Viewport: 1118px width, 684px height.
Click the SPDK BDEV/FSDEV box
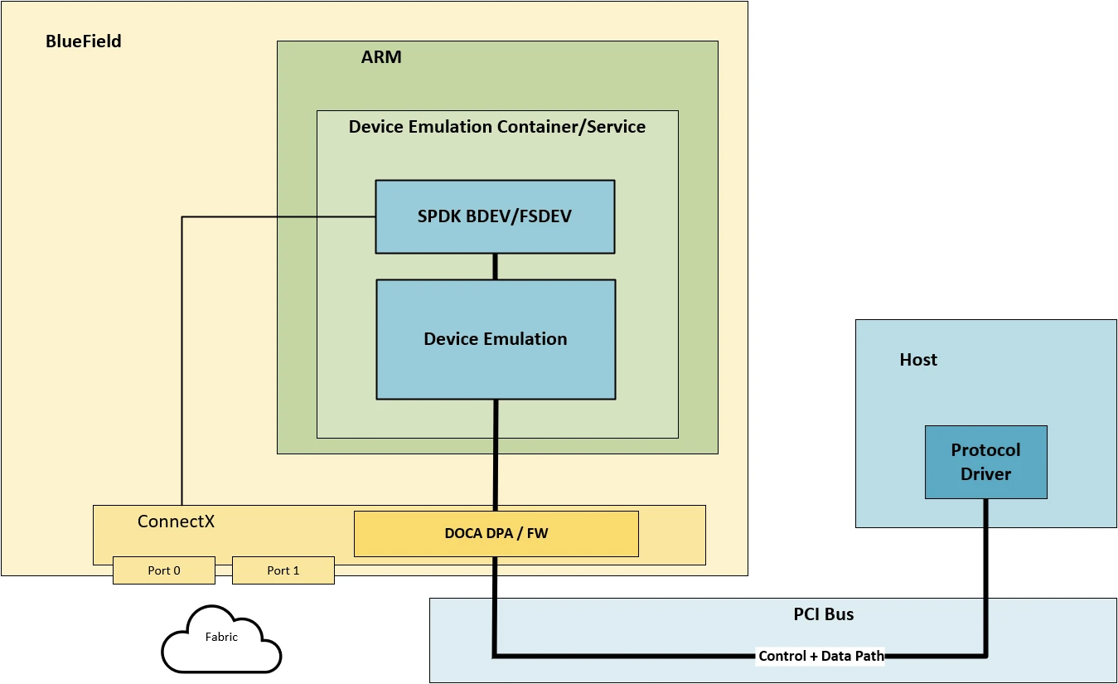pyautogui.click(x=495, y=216)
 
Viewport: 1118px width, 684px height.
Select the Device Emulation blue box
pyautogui.click(x=495, y=339)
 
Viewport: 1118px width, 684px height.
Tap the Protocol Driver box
pyautogui.click(x=985, y=462)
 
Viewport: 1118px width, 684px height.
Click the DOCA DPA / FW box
pyautogui.click(x=496, y=533)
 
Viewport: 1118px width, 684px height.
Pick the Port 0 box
pyautogui.click(x=163, y=570)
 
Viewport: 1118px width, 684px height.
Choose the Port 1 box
pyautogui.click(x=283, y=570)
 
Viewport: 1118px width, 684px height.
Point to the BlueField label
pyautogui.click(x=83, y=41)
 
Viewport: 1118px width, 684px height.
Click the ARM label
pyautogui.click(x=381, y=57)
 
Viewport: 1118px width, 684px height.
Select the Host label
pyautogui.click(x=918, y=360)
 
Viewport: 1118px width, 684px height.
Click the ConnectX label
pyautogui.click(x=176, y=521)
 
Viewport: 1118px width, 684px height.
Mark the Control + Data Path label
pyautogui.click(x=820, y=656)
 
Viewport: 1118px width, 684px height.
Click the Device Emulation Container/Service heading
pyautogui.click(x=496, y=127)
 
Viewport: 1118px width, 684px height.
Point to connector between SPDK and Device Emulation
pyautogui.click(x=496, y=266)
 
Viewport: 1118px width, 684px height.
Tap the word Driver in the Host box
pyautogui.click(x=985, y=474)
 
